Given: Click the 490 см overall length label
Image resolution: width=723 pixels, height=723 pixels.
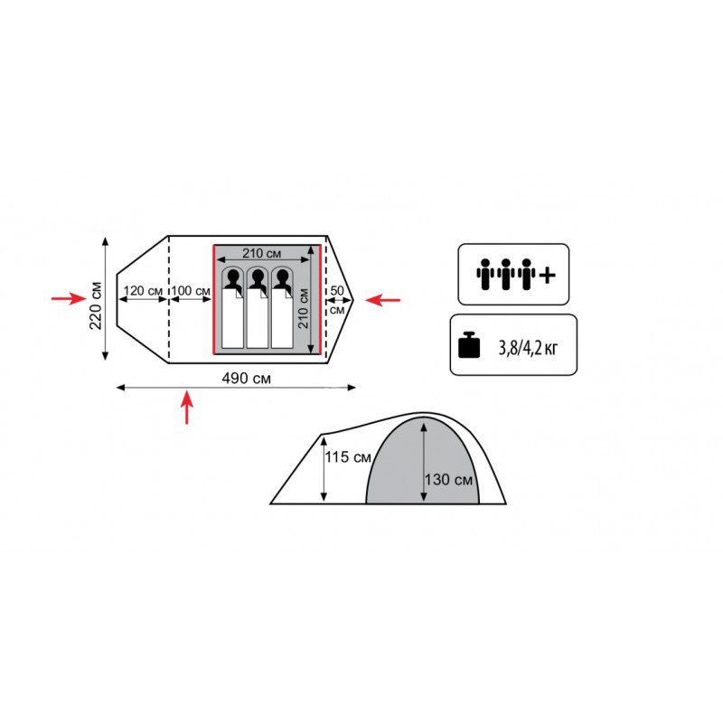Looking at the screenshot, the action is click(x=246, y=379).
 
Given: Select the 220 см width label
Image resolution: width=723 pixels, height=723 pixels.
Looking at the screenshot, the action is click(x=96, y=305).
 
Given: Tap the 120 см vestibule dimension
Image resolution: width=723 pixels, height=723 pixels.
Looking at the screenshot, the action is click(x=143, y=291).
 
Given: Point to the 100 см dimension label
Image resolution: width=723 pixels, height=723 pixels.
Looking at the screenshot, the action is click(x=191, y=291).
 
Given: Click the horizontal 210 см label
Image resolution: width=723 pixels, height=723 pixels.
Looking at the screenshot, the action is click(x=262, y=253).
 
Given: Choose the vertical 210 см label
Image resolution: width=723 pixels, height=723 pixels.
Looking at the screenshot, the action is click(x=304, y=308).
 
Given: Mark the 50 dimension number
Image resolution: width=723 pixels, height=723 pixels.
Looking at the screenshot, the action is click(x=337, y=290).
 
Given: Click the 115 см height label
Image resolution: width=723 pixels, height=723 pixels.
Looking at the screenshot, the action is click(x=348, y=457).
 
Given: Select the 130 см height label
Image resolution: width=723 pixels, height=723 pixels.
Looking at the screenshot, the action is click(x=448, y=480).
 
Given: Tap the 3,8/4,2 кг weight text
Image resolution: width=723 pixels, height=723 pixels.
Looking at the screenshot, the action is click(x=528, y=348).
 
